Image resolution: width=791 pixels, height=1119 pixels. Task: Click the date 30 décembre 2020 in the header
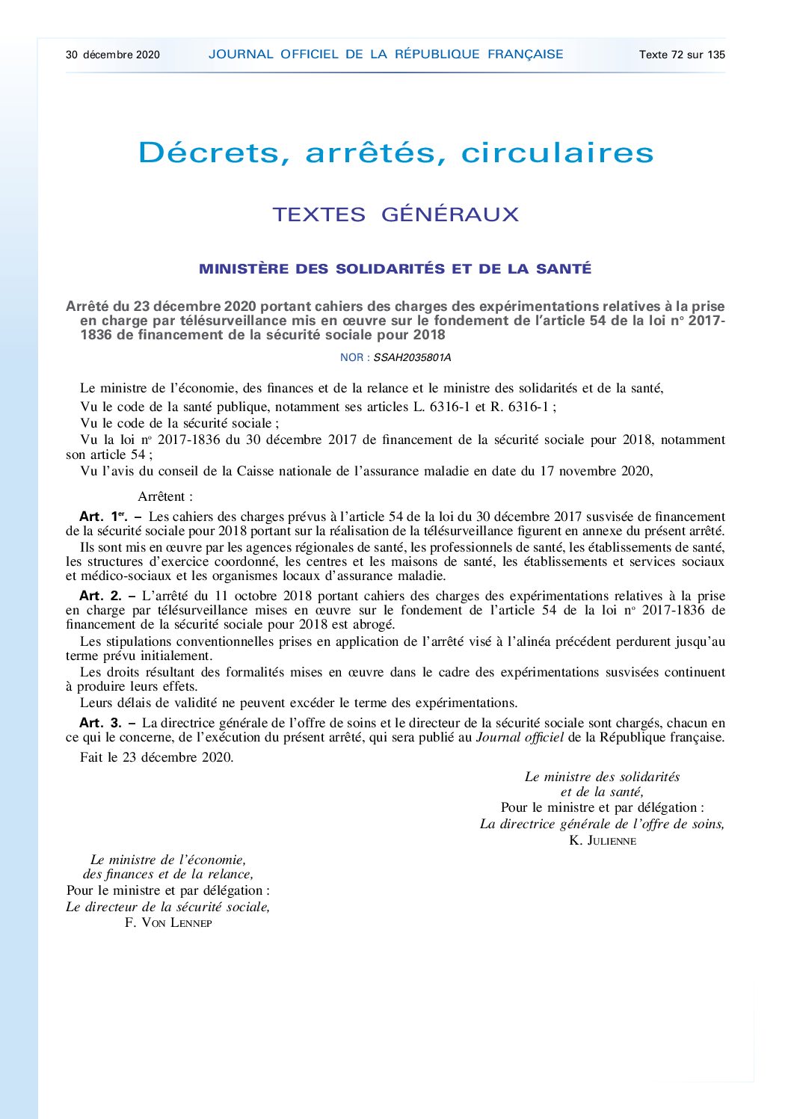[x=113, y=55]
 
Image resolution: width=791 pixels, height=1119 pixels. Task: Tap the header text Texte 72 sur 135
[x=682, y=55]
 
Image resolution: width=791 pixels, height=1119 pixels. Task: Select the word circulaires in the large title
[x=557, y=153]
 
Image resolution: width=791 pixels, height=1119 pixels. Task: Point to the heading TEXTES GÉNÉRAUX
[x=395, y=215]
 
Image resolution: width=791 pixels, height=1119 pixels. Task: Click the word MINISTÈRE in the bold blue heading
[x=244, y=269]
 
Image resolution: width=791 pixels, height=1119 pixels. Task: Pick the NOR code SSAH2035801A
[x=412, y=357]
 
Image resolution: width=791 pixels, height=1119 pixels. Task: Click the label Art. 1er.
[x=103, y=517]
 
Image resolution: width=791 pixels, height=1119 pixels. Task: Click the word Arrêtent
[x=164, y=496]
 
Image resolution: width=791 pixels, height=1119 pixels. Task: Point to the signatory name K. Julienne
[x=603, y=840]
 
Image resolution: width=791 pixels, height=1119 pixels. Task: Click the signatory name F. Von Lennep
[x=168, y=922]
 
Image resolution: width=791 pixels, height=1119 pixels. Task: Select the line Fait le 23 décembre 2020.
[x=157, y=757]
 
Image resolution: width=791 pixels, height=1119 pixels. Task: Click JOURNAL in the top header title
[x=241, y=55]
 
